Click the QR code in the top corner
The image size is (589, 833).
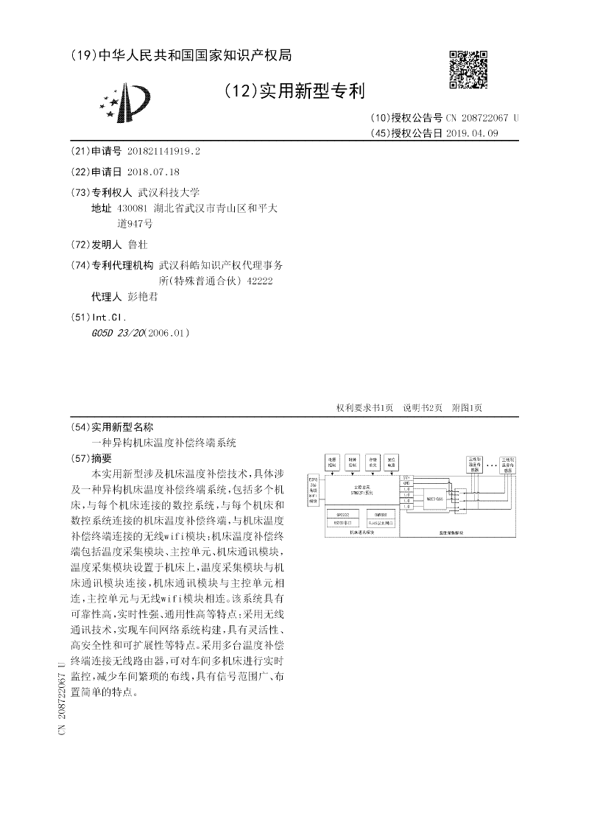(468, 69)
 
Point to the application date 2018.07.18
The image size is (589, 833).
(153, 172)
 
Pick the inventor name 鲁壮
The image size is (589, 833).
(138, 245)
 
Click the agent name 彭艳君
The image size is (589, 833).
(142, 297)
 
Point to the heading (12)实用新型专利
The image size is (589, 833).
(294, 91)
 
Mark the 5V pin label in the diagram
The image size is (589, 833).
(406, 478)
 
